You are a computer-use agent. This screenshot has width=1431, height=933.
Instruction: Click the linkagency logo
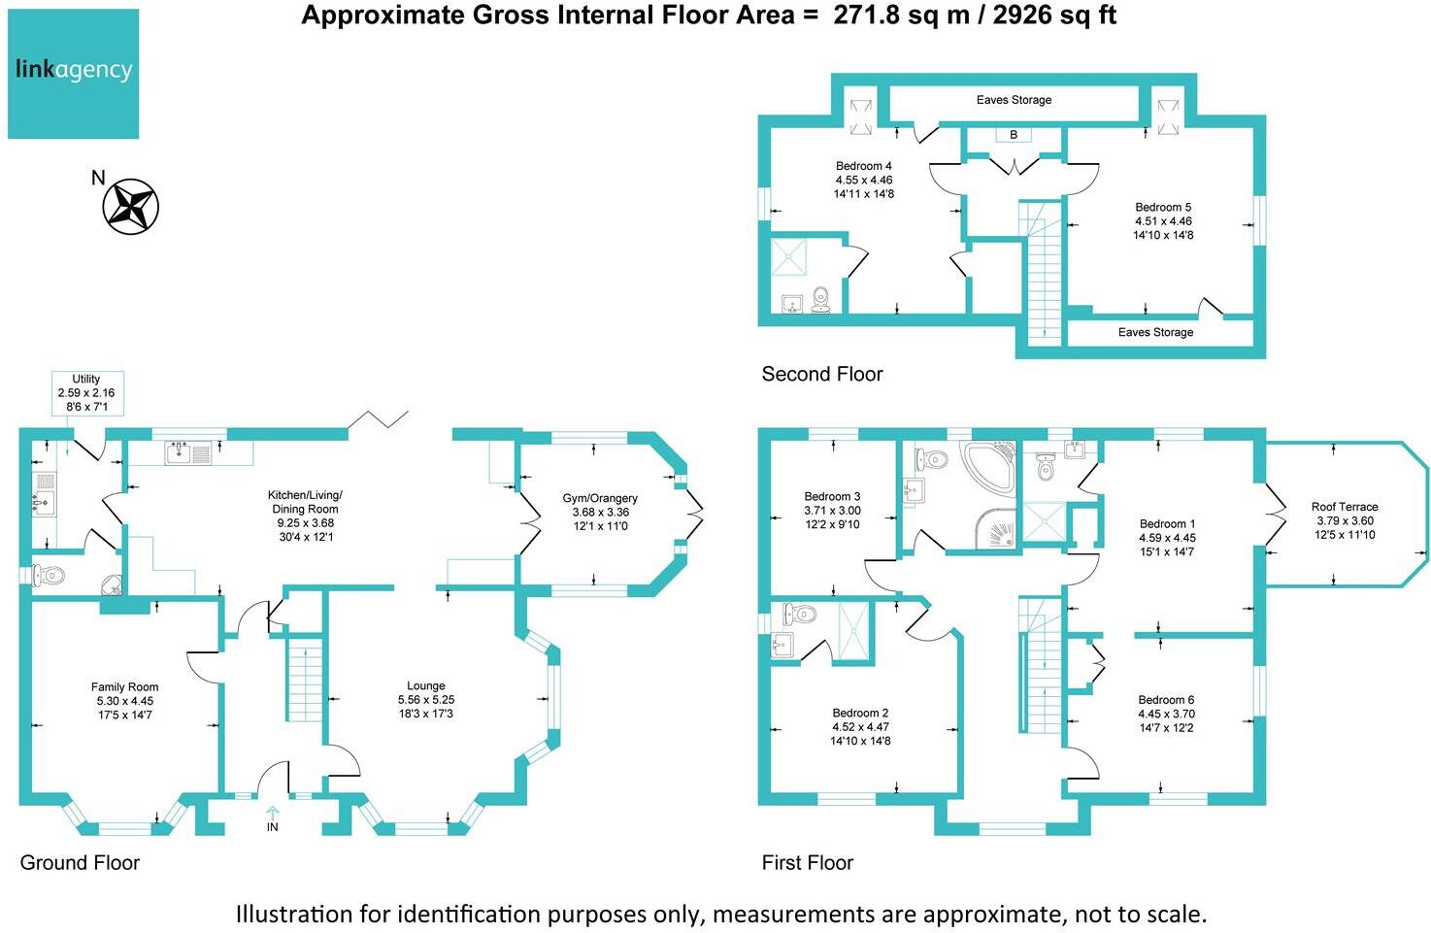74,74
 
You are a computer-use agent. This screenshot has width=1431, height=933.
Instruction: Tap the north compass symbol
130,206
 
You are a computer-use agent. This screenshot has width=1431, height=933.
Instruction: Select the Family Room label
124,687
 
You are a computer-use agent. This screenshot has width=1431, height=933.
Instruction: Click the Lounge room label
426,685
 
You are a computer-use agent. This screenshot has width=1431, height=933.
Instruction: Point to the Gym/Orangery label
600,498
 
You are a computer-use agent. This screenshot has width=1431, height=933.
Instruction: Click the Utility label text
85,379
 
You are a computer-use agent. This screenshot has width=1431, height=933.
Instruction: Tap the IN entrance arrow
273,814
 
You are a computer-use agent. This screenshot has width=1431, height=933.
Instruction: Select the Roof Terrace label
1345,507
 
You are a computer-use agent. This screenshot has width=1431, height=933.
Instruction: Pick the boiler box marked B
1014,135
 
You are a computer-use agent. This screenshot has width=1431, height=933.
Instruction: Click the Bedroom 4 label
863,166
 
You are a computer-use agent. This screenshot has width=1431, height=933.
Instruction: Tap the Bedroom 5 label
1163,207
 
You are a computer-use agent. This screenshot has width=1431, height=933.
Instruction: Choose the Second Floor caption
822,375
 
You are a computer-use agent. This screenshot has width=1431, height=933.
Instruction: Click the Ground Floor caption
80,863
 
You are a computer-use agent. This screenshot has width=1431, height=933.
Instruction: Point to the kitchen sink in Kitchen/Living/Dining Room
188,452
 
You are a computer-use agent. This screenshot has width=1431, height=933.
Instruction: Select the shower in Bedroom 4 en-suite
795,257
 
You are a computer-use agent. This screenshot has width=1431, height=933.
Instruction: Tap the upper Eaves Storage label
1014,100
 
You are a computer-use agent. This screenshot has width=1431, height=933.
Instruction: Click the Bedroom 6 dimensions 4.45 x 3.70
1166,714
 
